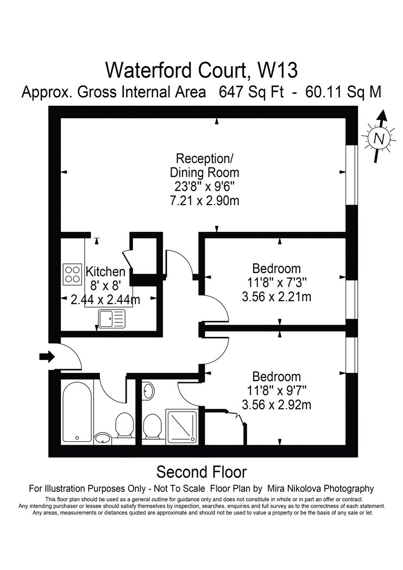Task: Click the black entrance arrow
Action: coord(47,357)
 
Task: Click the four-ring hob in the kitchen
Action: coord(72,274)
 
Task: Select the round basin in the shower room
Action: coord(148,391)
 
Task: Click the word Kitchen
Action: coord(105,271)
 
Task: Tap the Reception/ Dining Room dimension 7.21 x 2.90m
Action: coord(204,200)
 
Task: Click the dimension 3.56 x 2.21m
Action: coord(276,297)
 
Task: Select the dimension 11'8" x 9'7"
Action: coord(277,391)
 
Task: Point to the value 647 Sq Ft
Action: coord(251,92)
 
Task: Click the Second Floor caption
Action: coord(201,472)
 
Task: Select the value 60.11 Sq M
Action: coord(344,92)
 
